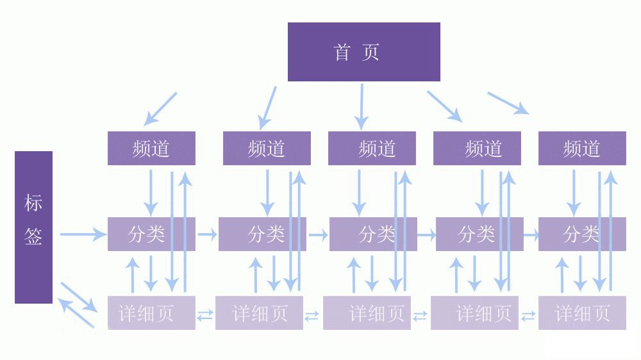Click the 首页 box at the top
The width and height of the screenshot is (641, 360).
click(363, 52)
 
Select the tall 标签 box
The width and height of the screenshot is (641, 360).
click(33, 227)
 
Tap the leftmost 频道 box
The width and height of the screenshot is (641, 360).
click(151, 149)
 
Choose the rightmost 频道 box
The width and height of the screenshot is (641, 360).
click(582, 149)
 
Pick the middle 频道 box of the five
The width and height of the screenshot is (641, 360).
click(372, 149)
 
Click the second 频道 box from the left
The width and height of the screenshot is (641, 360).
click(267, 149)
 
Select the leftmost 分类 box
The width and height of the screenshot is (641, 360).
click(151, 234)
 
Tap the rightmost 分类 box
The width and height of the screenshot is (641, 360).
click(582, 234)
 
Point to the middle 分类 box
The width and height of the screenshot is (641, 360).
click(373, 234)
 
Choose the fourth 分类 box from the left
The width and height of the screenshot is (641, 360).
click(479, 234)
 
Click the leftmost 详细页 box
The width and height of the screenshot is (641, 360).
click(151, 313)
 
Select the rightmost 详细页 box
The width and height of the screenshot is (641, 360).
click(582, 313)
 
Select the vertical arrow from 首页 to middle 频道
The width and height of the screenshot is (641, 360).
click(362, 106)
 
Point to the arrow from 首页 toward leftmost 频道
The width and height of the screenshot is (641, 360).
click(160, 108)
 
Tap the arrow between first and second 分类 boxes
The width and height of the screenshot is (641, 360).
click(207, 234)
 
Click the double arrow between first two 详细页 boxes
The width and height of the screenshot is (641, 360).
click(205, 315)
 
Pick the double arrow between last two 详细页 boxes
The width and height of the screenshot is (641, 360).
click(528, 316)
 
